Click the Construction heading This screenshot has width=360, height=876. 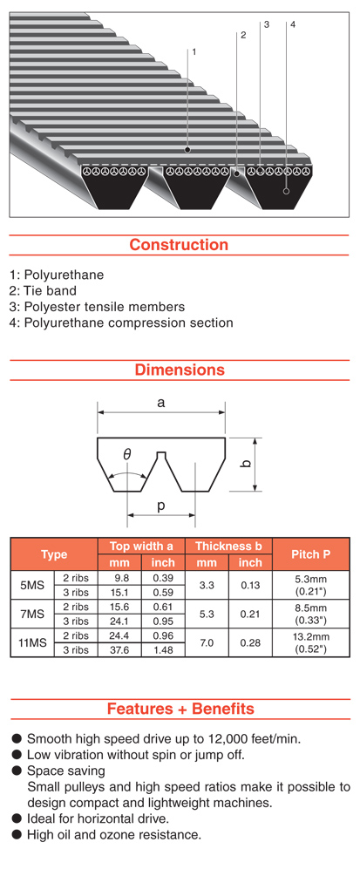coord(179,245)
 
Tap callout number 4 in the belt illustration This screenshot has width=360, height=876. coord(293,24)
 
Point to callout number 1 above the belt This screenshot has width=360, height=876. coord(194,51)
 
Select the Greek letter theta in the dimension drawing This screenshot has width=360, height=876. coord(127,455)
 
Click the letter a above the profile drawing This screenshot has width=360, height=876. coord(161,402)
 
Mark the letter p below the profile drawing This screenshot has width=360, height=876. coord(161,506)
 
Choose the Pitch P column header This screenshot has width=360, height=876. coord(311,554)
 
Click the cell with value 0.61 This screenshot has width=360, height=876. coord(163,607)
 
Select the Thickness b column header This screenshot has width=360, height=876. coord(228,546)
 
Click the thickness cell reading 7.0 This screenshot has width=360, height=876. coord(207,642)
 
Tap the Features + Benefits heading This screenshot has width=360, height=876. coord(180,709)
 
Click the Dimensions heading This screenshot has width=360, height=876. coord(180,370)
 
